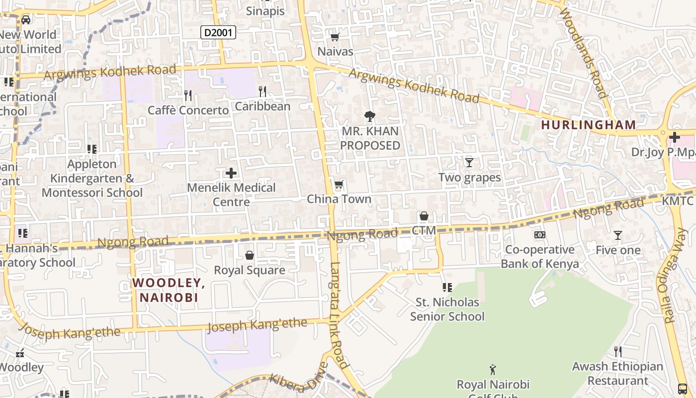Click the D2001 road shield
point(218,33)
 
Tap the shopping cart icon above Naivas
point(335,37)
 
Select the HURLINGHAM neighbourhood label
point(588,125)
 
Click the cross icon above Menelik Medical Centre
point(231,173)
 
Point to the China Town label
point(339,199)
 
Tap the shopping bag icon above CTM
point(424,216)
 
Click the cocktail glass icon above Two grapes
point(469,162)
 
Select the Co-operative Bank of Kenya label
point(540,257)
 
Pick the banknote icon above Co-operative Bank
point(540,235)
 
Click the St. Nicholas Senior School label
point(447,309)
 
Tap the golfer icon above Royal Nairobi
point(493,370)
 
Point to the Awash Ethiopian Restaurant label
point(617,374)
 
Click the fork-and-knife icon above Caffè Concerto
point(188,95)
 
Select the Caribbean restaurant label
point(262,106)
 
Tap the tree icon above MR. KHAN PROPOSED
point(370,117)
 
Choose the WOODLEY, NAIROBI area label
point(169,290)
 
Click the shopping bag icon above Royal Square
point(250,255)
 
